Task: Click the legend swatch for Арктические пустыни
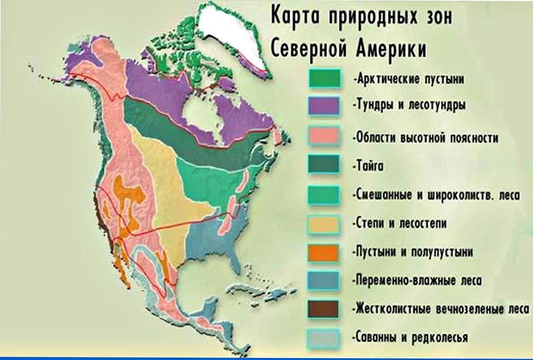(324, 79)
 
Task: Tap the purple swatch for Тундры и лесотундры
(324, 106)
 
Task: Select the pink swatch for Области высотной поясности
(324, 137)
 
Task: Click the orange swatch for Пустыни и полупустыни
(324, 253)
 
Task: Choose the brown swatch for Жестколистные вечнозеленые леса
(324, 309)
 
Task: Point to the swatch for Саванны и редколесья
(324, 337)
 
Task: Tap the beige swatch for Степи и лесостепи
(324, 224)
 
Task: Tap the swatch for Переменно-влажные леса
(324, 281)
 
